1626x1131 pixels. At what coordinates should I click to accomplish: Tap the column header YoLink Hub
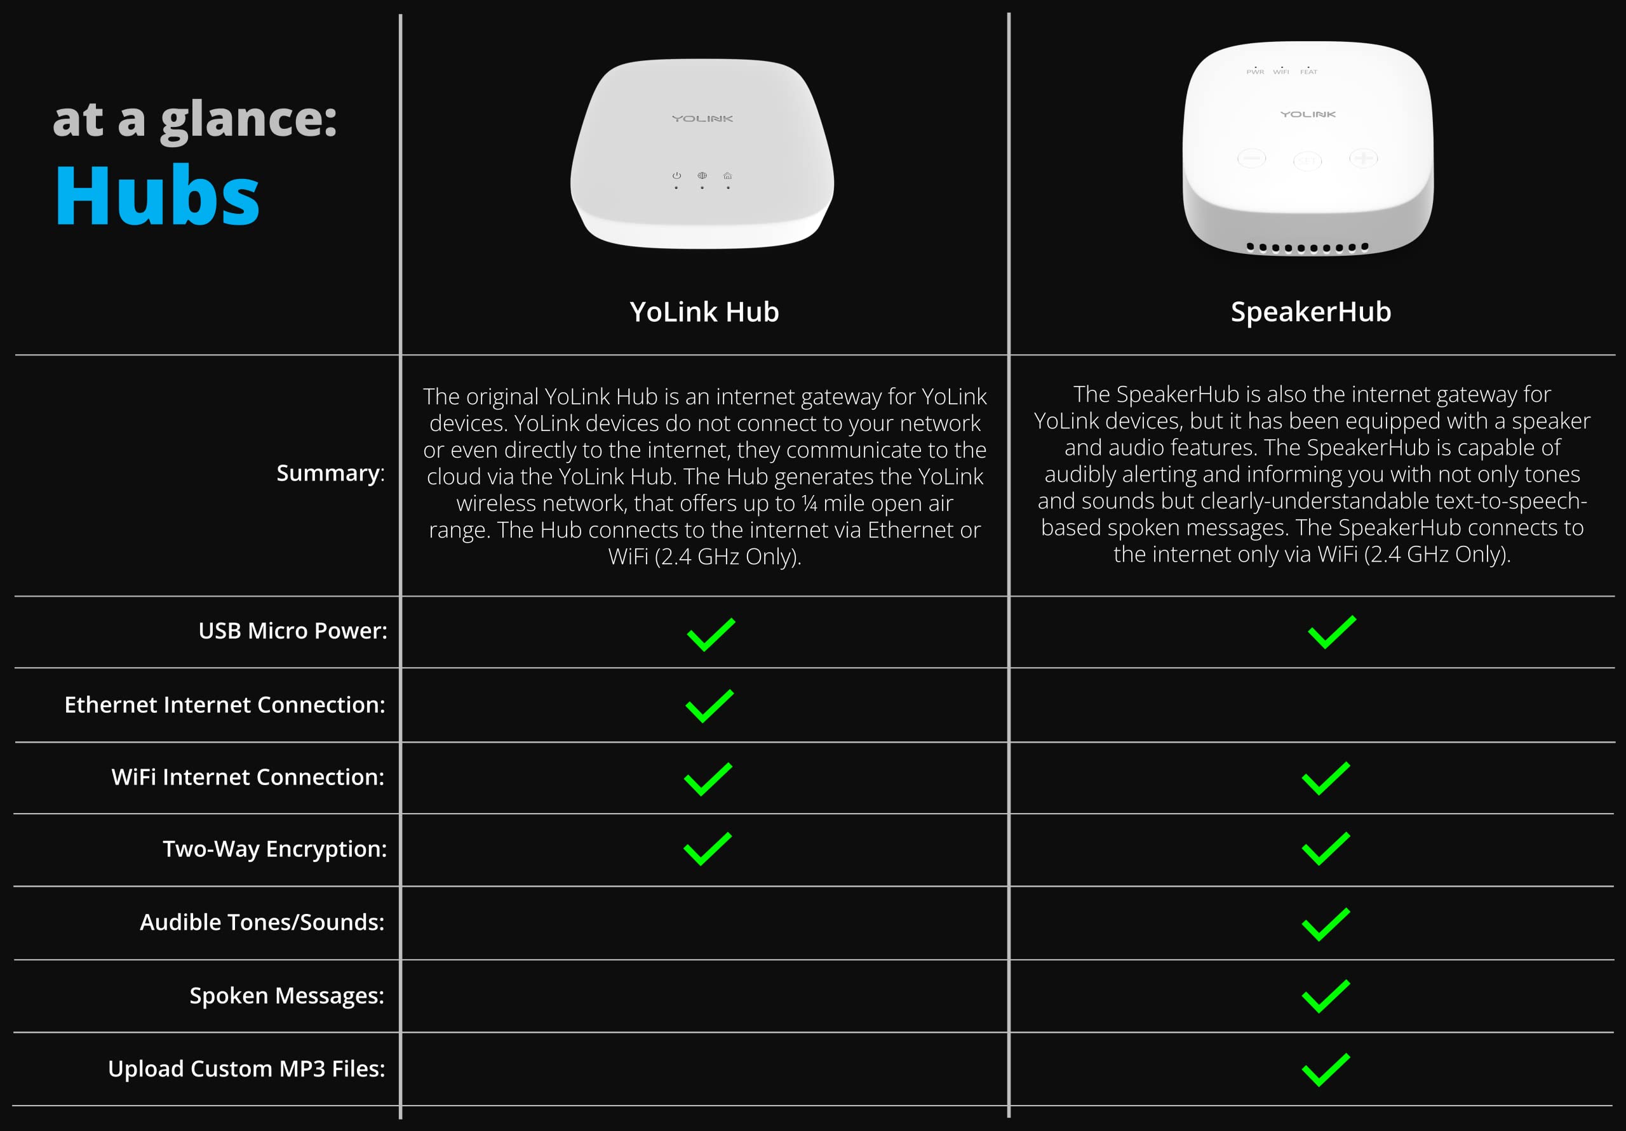click(704, 312)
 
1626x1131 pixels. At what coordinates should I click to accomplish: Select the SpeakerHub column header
click(1311, 312)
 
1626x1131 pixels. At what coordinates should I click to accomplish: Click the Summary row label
click(331, 473)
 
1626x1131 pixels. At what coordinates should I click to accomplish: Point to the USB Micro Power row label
click(292, 631)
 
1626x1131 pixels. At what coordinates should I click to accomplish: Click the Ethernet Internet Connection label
click(224, 705)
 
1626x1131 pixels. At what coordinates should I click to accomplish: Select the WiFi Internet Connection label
click(248, 777)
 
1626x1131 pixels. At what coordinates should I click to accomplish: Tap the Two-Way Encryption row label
click(275, 849)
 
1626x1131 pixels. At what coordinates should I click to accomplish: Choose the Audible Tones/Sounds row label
click(262, 922)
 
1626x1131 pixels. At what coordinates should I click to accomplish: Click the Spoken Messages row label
click(287, 996)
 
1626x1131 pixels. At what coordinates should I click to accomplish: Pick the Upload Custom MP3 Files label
click(246, 1069)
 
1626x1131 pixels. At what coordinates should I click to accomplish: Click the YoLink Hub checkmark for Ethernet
click(709, 706)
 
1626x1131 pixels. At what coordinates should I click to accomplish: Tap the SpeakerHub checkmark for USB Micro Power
click(1332, 632)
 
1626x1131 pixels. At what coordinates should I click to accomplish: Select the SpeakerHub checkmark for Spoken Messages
click(1326, 996)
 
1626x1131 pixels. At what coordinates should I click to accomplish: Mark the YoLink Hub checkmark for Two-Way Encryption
click(708, 849)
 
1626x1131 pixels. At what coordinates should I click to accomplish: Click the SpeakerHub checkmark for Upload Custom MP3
click(1326, 1069)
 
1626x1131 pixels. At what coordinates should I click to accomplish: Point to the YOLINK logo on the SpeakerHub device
click(1308, 114)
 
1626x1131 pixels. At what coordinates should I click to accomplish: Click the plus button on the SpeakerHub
click(1363, 158)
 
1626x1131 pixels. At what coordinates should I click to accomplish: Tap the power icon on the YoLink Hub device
click(676, 176)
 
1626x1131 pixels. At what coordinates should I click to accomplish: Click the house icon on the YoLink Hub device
click(727, 176)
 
